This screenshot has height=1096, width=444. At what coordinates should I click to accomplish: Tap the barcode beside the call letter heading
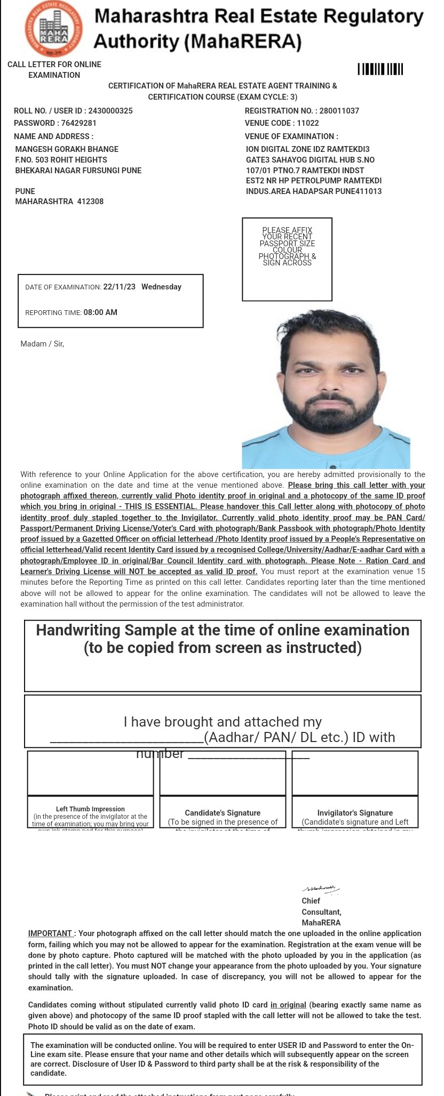380,69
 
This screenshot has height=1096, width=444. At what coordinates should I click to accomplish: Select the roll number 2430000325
110,111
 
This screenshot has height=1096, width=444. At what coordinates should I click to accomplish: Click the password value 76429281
78,123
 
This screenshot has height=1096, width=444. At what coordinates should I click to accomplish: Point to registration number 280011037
339,111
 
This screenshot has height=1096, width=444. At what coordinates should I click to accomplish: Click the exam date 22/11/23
119,287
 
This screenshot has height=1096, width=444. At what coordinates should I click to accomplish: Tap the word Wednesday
161,287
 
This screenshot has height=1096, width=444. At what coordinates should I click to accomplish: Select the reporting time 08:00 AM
100,312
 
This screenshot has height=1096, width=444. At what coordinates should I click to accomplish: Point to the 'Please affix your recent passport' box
287,259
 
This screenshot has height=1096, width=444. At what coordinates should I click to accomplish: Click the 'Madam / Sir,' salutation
42,344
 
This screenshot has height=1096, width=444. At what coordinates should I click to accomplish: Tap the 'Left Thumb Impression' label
90,809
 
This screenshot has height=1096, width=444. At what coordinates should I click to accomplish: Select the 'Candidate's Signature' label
223,813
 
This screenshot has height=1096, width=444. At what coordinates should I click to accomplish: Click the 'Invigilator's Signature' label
355,813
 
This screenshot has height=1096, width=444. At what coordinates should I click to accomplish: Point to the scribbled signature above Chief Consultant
320,889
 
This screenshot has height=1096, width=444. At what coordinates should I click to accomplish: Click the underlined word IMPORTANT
50,933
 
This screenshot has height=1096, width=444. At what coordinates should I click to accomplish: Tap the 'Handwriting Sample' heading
223,631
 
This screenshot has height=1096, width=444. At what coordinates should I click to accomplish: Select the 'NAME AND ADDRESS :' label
53,136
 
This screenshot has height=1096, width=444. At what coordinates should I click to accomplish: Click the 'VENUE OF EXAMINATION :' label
291,136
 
